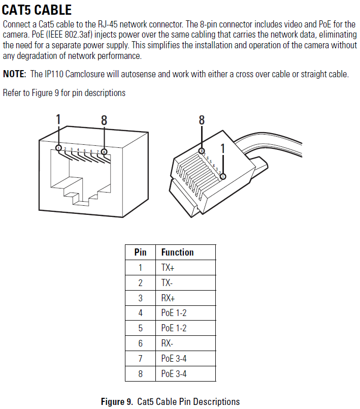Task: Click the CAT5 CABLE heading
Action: (37, 10)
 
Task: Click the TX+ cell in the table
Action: (168, 267)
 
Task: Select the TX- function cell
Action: (167, 282)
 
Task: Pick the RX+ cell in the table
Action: (168, 298)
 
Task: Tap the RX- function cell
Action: (167, 343)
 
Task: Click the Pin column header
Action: (140, 252)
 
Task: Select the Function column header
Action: (177, 252)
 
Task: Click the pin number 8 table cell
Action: (140, 374)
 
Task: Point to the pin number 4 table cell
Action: (140, 313)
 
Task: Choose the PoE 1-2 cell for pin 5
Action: (174, 328)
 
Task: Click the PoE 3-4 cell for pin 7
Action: (174, 359)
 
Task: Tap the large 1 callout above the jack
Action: (58, 119)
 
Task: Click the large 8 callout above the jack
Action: (104, 120)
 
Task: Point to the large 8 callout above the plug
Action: (202, 120)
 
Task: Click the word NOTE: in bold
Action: (14, 74)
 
